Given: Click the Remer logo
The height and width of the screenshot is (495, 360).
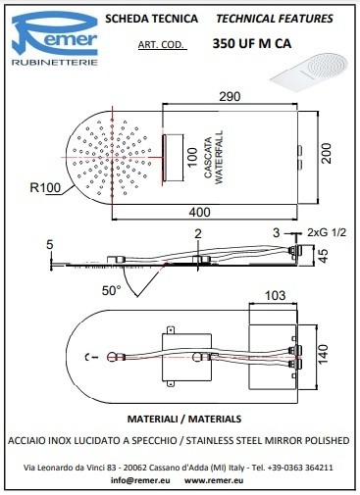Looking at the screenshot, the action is point(55,38).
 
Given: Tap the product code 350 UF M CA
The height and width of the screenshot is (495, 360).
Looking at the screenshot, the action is point(252,43).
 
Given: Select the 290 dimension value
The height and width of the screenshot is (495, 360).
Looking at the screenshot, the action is point(230,97).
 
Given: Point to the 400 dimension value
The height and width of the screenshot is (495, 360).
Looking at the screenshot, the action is point(199,213).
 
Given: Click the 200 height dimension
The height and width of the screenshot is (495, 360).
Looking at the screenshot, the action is point(326,154).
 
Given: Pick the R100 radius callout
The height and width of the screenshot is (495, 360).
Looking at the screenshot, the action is point(45,187).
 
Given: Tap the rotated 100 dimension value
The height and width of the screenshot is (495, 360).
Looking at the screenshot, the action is point(192,157).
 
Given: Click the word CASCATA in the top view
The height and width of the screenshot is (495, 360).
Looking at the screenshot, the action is point(208,158).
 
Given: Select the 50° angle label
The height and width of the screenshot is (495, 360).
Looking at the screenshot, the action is point(111,290).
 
